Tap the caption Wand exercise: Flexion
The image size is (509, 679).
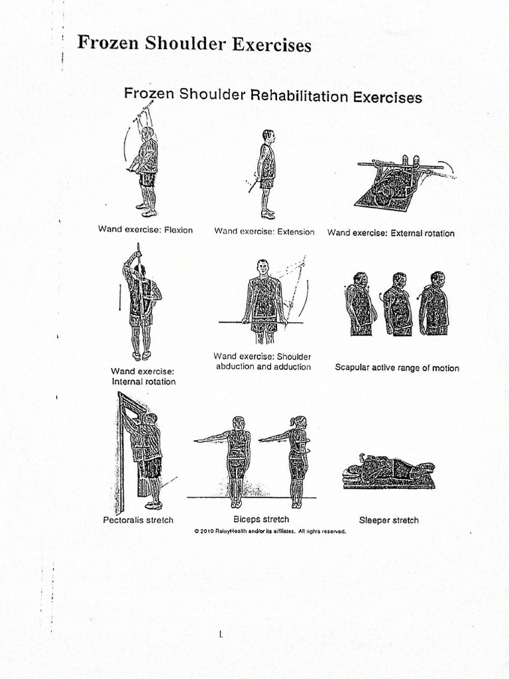click(x=146, y=231)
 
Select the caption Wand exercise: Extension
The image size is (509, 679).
click(x=264, y=231)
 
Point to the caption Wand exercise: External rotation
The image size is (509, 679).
click(x=391, y=233)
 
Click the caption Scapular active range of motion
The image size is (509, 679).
click(x=396, y=368)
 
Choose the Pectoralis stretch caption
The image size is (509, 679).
click(x=138, y=520)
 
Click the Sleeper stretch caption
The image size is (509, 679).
click(x=388, y=520)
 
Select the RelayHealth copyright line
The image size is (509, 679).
click(x=270, y=531)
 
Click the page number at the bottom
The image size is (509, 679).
click(x=221, y=635)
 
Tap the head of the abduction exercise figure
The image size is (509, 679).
click(x=263, y=267)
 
